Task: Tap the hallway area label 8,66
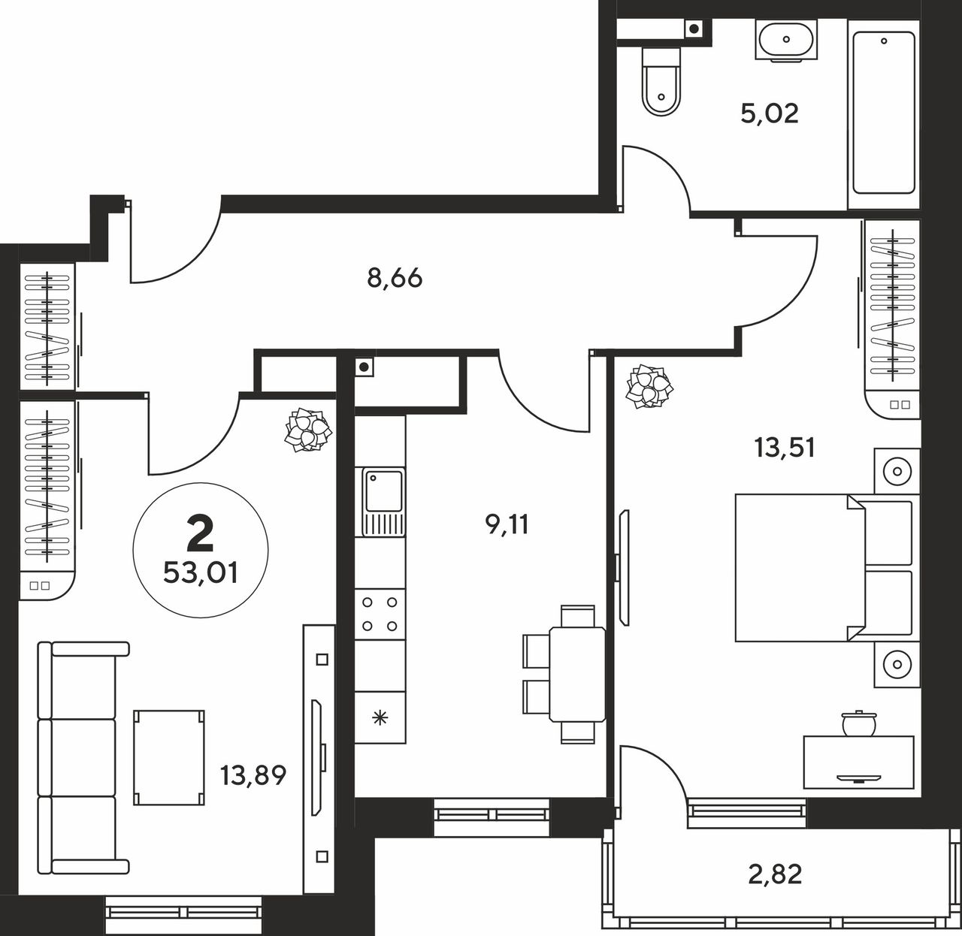tap(395, 279)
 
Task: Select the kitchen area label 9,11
tap(507, 524)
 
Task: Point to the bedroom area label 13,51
tap(785, 448)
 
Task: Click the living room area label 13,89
tap(253, 775)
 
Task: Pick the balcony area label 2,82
tap(775, 874)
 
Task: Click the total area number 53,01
tap(201, 573)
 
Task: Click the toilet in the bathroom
tap(661, 82)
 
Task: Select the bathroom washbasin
tap(786, 41)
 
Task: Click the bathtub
tap(884, 113)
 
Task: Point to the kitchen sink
tap(383, 503)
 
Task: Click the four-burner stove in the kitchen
tap(380, 614)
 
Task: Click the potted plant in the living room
tap(307, 430)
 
